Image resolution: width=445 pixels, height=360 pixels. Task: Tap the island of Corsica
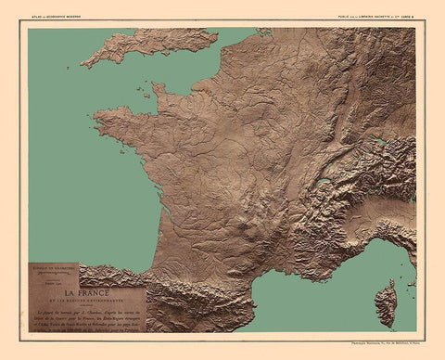pos(386,303)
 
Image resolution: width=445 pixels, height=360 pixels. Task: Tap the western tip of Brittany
pos(95,118)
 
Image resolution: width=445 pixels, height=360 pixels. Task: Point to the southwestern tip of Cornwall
pos(84,63)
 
